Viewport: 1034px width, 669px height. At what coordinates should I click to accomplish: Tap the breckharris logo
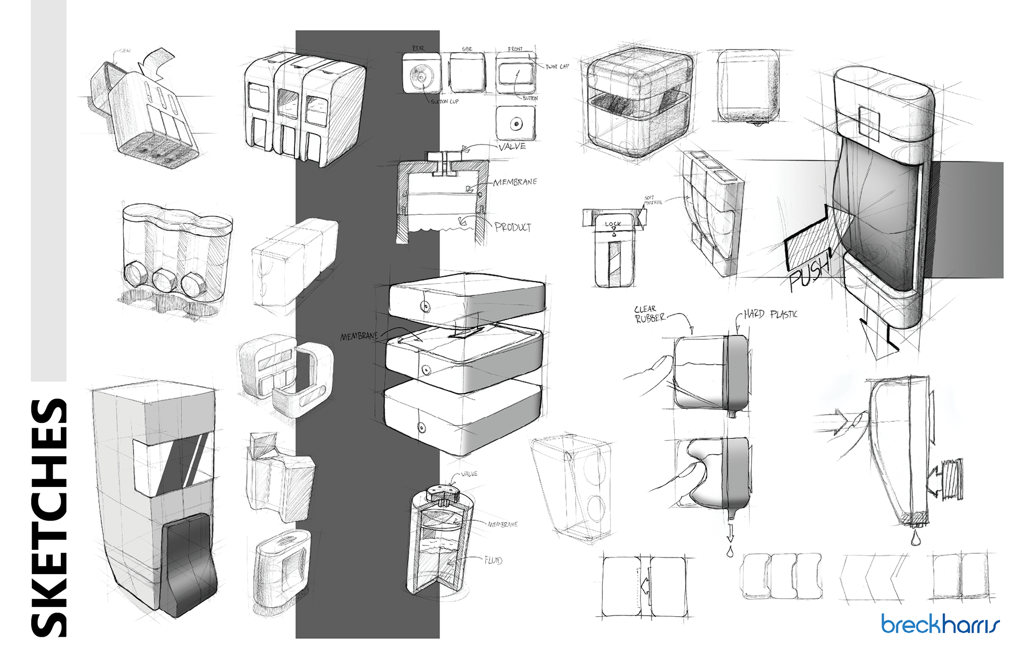(x=940, y=624)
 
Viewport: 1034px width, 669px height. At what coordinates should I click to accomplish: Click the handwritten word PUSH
(x=809, y=272)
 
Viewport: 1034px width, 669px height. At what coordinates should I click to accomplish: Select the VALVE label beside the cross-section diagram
(x=511, y=147)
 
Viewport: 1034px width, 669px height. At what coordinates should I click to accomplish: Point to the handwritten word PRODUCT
(x=512, y=227)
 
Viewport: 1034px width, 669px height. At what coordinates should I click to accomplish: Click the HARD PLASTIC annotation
(x=770, y=314)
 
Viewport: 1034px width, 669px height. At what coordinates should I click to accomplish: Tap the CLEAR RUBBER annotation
(x=649, y=313)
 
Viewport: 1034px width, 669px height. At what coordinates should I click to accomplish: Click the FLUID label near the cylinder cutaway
(x=493, y=561)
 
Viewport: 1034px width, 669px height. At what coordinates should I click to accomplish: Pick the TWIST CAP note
(x=557, y=67)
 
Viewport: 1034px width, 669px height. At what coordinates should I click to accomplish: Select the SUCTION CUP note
(x=444, y=101)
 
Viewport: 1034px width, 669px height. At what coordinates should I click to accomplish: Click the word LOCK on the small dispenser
(x=613, y=224)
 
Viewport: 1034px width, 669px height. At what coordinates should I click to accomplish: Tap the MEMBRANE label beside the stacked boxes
(x=359, y=336)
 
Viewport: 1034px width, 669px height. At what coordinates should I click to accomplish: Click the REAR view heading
(x=418, y=48)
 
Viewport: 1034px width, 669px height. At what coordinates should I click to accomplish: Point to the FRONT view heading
(x=515, y=49)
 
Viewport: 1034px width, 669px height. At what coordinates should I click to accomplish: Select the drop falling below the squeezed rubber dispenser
(x=730, y=552)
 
